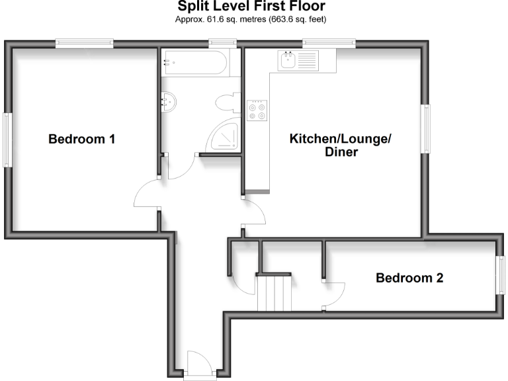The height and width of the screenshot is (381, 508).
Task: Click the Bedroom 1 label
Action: [x=82, y=140]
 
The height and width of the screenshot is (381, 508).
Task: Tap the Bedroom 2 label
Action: [x=409, y=278]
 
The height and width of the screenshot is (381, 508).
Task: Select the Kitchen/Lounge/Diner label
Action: [x=341, y=146]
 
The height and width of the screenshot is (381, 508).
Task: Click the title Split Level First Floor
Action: [x=251, y=7]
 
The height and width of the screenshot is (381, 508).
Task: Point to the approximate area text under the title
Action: [x=251, y=20]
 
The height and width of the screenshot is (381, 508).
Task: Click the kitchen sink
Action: [x=289, y=62]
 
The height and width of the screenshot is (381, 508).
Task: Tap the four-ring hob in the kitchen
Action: [x=257, y=110]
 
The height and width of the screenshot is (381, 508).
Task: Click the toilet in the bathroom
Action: [x=226, y=103]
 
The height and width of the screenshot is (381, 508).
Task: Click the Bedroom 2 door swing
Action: [x=334, y=293]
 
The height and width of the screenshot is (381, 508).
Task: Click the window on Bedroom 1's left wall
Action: [x=7, y=140]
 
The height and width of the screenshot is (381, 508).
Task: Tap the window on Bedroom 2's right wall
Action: [x=500, y=273]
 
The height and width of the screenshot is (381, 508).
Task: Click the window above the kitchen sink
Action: [x=329, y=44]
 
